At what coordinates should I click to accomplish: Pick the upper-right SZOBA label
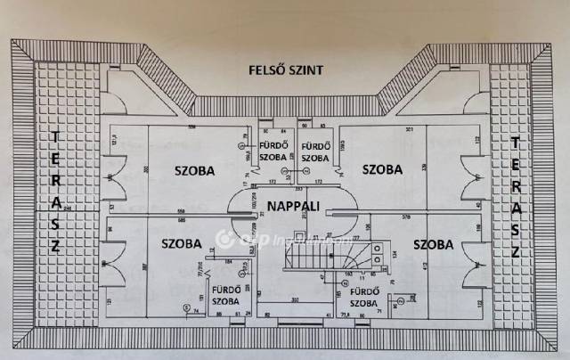tap(381, 168)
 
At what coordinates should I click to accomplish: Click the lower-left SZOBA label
tap(182, 242)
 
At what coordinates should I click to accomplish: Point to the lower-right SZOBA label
tap(433, 244)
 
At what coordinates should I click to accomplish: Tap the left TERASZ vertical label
tap(55, 192)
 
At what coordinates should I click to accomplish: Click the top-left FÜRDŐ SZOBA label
tap(273, 151)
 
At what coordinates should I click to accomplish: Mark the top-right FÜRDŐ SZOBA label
tap(315, 151)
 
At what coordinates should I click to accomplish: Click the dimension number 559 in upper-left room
tap(191, 128)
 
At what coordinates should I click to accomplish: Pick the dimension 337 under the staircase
tap(295, 302)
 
